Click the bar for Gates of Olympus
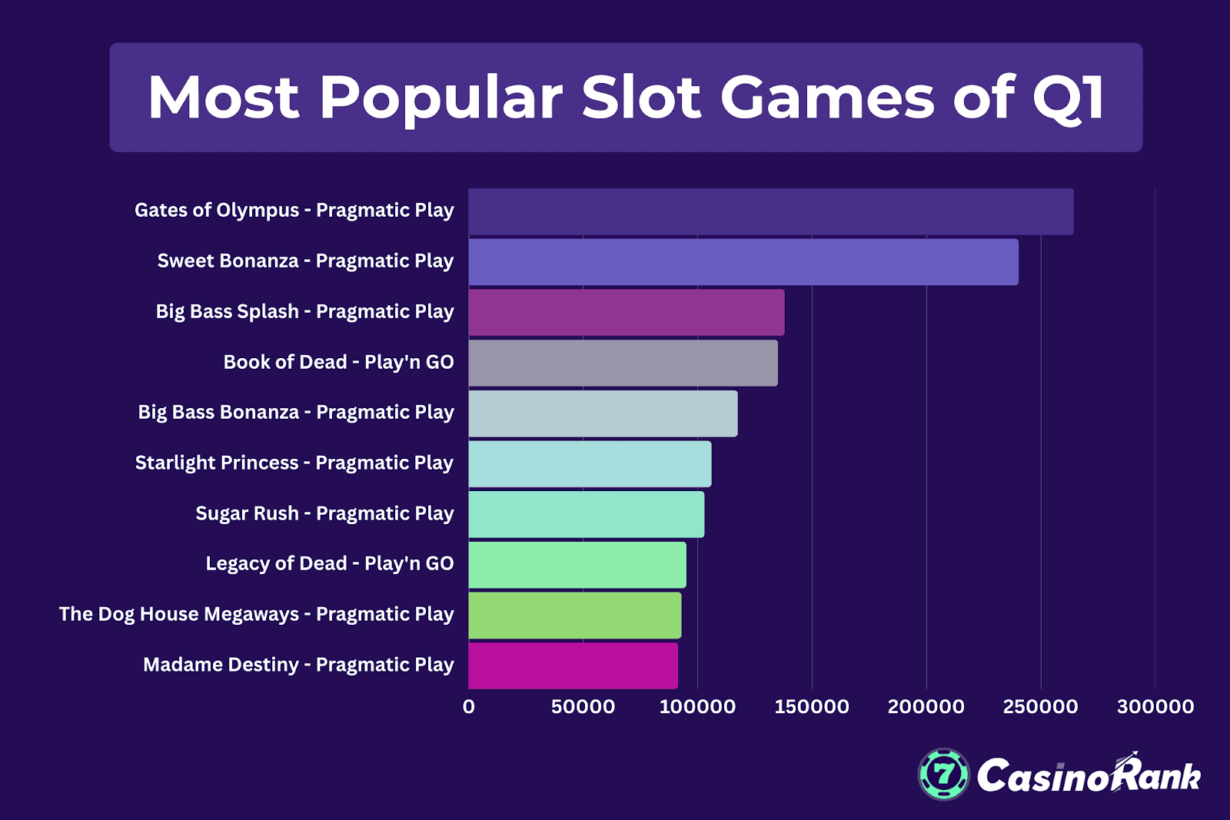770,211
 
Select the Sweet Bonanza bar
743,262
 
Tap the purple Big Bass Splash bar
626,312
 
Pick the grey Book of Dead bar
623,363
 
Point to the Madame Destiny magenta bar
573,666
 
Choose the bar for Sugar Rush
586,514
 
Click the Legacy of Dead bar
577,565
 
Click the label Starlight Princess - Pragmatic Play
294,463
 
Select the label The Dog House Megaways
256,614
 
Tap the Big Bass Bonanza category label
295,412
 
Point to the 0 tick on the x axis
468,706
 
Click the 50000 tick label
583,706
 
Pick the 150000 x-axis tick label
811,706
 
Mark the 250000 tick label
1040,706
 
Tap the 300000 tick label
1155,706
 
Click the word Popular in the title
440,98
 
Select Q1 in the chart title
1069,98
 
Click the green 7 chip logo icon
943,774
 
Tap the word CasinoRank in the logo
1088,776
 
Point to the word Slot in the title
641,98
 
